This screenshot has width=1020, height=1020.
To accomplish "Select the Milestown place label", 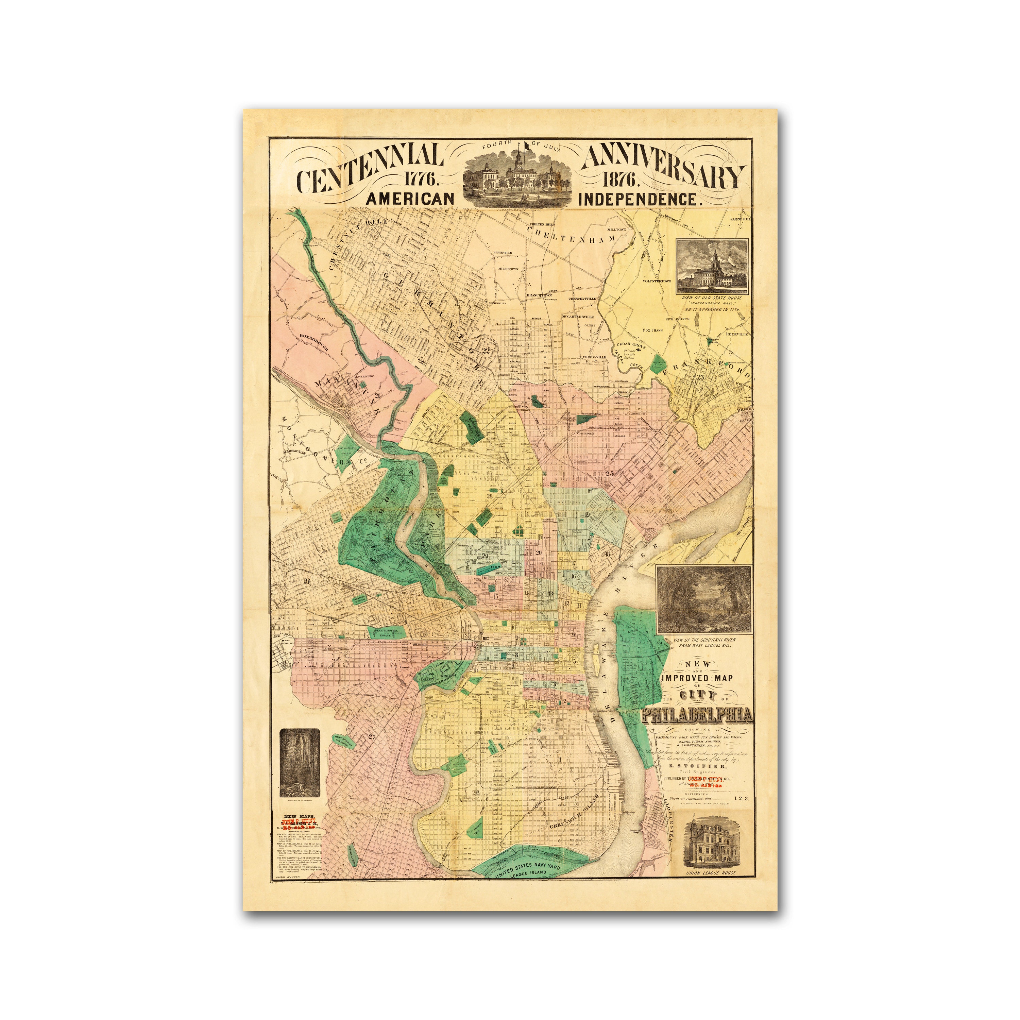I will (x=508, y=269).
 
